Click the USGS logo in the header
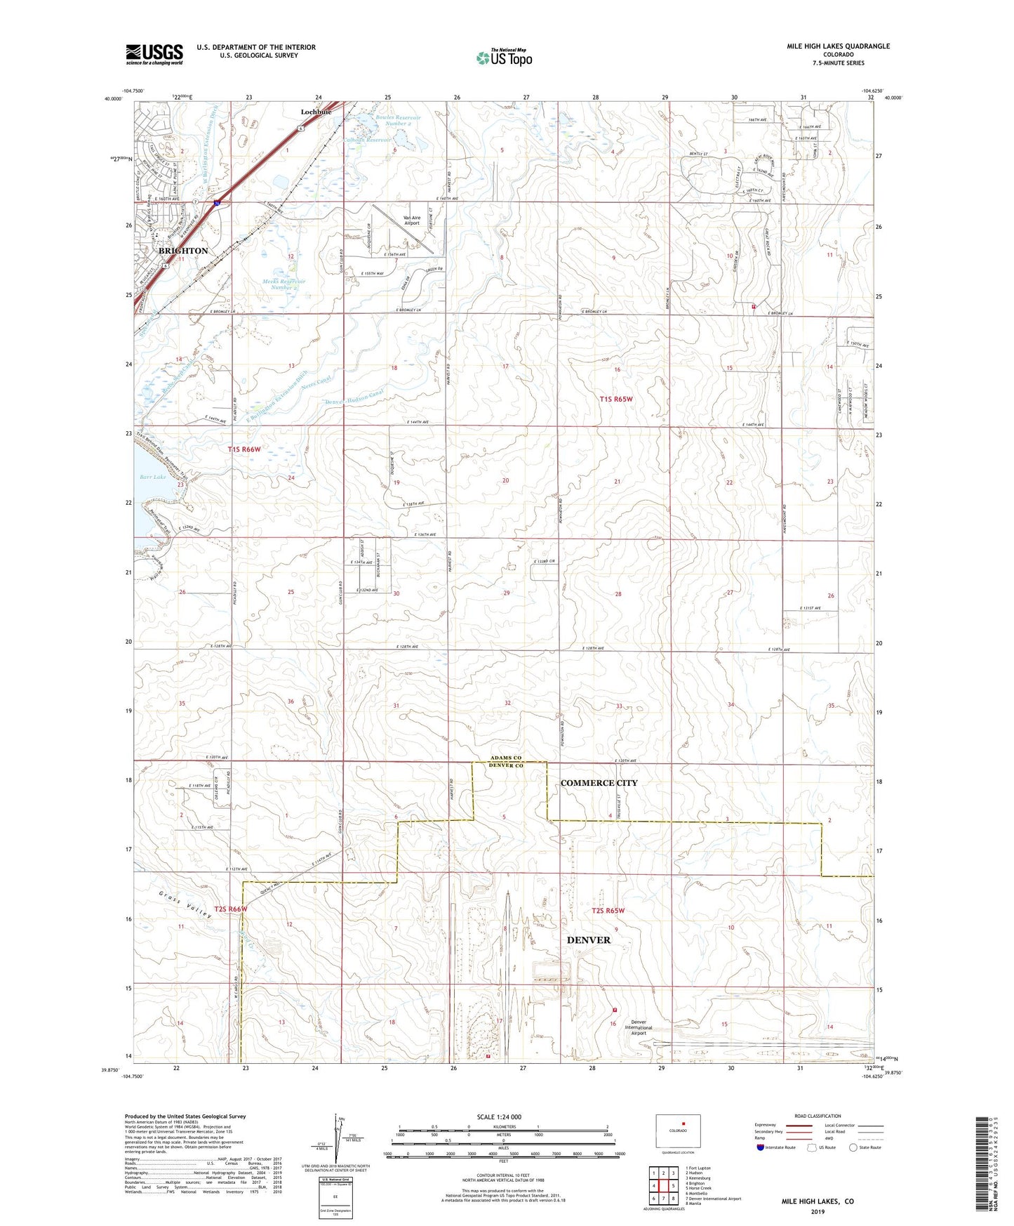154,54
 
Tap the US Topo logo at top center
504,58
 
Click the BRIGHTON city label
183,251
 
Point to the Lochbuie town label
316,112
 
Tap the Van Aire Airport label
412,220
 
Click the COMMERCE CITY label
599,783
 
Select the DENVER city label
588,940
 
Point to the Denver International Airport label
638,1027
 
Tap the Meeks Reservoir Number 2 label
284,284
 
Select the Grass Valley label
184,905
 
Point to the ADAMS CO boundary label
506,758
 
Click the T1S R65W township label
615,399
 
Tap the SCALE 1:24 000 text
499,1116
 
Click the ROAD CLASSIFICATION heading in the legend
818,1116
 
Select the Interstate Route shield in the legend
761,1147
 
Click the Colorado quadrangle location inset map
677,1131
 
